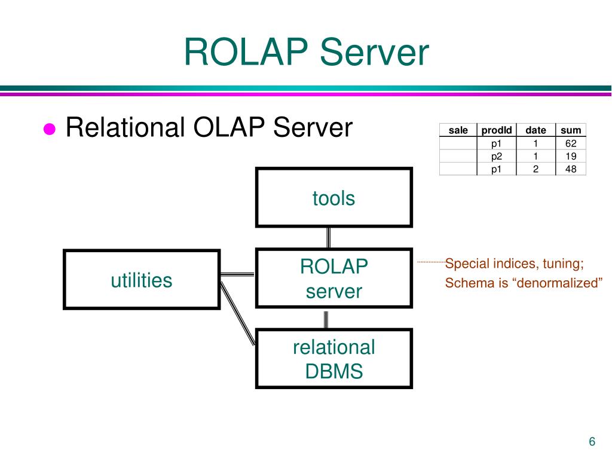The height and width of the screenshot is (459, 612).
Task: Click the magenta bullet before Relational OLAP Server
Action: click(x=50, y=130)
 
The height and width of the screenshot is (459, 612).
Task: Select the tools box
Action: click(x=333, y=198)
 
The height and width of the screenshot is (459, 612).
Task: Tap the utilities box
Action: click(x=142, y=280)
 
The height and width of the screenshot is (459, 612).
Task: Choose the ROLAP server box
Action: click(x=333, y=279)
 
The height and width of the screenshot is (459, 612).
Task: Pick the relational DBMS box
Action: click(x=333, y=359)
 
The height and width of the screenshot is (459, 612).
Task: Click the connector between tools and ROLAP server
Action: click(x=328, y=238)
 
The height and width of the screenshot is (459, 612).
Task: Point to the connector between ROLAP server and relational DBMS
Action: click(x=326, y=319)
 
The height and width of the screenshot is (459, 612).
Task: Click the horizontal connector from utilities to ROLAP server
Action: click(x=237, y=274)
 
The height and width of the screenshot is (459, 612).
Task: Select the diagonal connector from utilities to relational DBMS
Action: click(x=238, y=314)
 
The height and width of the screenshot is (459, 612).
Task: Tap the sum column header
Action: click(x=570, y=130)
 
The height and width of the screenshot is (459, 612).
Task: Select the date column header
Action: click(x=535, y=130)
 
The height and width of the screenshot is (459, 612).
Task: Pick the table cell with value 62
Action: click(x=570, y=143)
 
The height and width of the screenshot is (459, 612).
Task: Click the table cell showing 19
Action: click(x=570, y=157)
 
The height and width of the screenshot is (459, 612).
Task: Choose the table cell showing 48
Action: click(x=570, y=169)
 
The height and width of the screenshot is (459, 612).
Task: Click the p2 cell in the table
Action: click(x=497, y=157)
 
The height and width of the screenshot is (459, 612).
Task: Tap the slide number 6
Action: click(x=592, y=442)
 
